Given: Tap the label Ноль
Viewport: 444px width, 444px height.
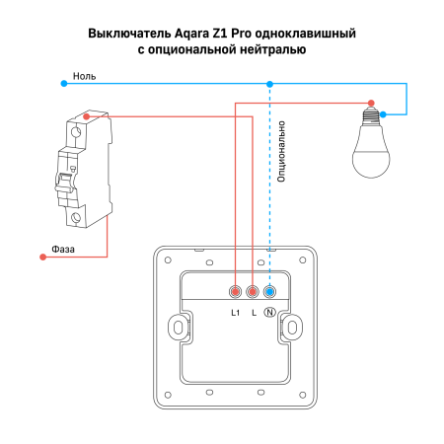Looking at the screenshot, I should [84, 76].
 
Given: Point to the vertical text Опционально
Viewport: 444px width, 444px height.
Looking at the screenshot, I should [282, 152].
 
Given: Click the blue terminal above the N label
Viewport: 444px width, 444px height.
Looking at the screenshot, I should [269, 292].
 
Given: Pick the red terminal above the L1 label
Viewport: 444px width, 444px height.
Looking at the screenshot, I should [235, 292].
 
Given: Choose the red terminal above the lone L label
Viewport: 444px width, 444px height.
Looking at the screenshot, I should [253, 292].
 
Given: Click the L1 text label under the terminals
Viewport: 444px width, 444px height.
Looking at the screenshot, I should [235, 313].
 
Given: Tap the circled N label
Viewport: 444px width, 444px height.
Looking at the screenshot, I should [269, 313].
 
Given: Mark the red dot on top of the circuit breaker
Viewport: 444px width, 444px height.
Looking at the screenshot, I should [88, 117].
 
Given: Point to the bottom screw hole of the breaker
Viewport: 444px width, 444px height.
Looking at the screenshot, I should [77, 217].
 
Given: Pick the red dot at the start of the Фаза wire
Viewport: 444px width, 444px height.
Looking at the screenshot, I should [41, 257].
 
